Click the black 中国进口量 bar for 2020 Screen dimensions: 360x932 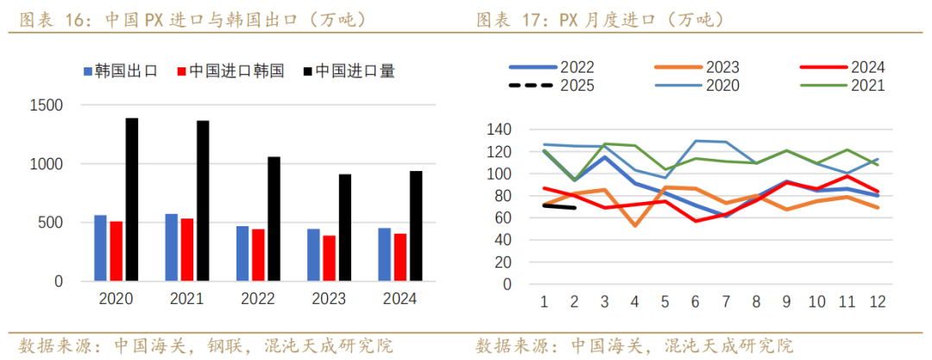tap(131, 199)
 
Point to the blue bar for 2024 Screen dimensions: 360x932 tap(384, 255)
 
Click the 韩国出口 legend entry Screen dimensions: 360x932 tap(120, 72)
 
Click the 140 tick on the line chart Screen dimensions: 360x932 tap(501, 129)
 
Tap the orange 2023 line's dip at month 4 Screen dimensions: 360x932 tap(635, 225)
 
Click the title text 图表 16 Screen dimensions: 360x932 tap(49, 18)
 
